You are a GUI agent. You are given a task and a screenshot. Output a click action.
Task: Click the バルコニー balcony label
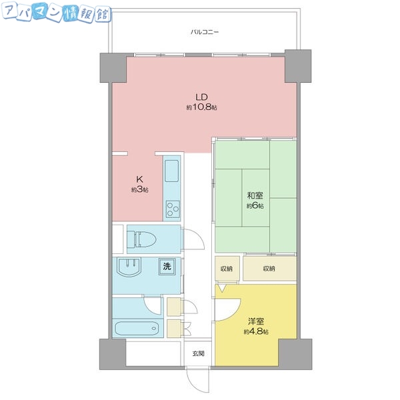[x=205, y=31]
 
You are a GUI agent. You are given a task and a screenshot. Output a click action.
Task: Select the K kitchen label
[x=140, y=179]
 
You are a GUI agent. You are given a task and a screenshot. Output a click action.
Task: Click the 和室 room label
[x=255, y=195]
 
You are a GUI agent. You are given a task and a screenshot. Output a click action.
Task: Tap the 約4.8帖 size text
[x=256, y=332]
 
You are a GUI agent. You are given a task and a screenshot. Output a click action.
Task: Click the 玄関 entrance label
[x=199, y=353]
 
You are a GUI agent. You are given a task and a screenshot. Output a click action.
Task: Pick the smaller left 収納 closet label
[x=227, y=269]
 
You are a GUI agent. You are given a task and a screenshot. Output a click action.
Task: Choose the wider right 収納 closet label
[x=269, y=269]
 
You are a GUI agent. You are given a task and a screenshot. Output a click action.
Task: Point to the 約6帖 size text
[x=255, y=206]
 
